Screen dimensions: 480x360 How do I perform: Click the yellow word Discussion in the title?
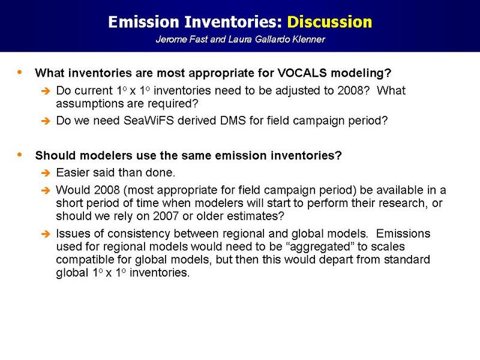click(329, 22)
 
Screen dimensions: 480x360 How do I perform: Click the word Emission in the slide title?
click(143, 22)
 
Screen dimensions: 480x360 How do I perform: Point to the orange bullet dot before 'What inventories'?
click(20, 72)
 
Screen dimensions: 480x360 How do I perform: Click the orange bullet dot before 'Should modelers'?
click(20, 155)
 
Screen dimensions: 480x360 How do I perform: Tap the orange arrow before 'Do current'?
click(46, 91)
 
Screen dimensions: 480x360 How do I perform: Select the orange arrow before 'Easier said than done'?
click(46, 173)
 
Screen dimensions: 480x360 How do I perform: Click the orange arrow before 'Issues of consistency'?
click(46, 234)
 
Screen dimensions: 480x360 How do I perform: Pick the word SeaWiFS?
click(148, 121)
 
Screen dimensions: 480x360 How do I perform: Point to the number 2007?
click(166, 216)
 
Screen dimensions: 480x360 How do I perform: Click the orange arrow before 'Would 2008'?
click(46, 190)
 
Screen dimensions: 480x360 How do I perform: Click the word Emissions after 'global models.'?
click(403, 233)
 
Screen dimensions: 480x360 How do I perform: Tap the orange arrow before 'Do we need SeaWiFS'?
click(46, 121)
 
